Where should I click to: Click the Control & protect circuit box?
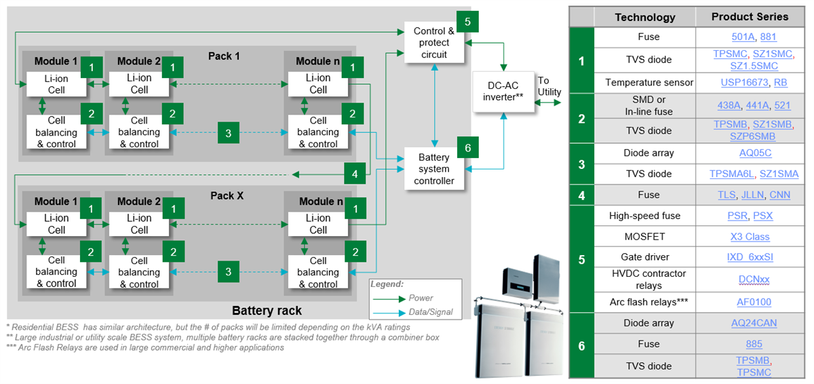coord(434,43)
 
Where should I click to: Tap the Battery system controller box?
coord(434,169)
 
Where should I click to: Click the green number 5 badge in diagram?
coord(467,21)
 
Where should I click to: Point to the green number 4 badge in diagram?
coord(354,174)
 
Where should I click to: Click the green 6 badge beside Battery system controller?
coord(467,147)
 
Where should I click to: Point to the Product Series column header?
coord(750,17)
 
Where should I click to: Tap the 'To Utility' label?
coord(549,85)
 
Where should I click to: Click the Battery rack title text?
coord(267,311)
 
